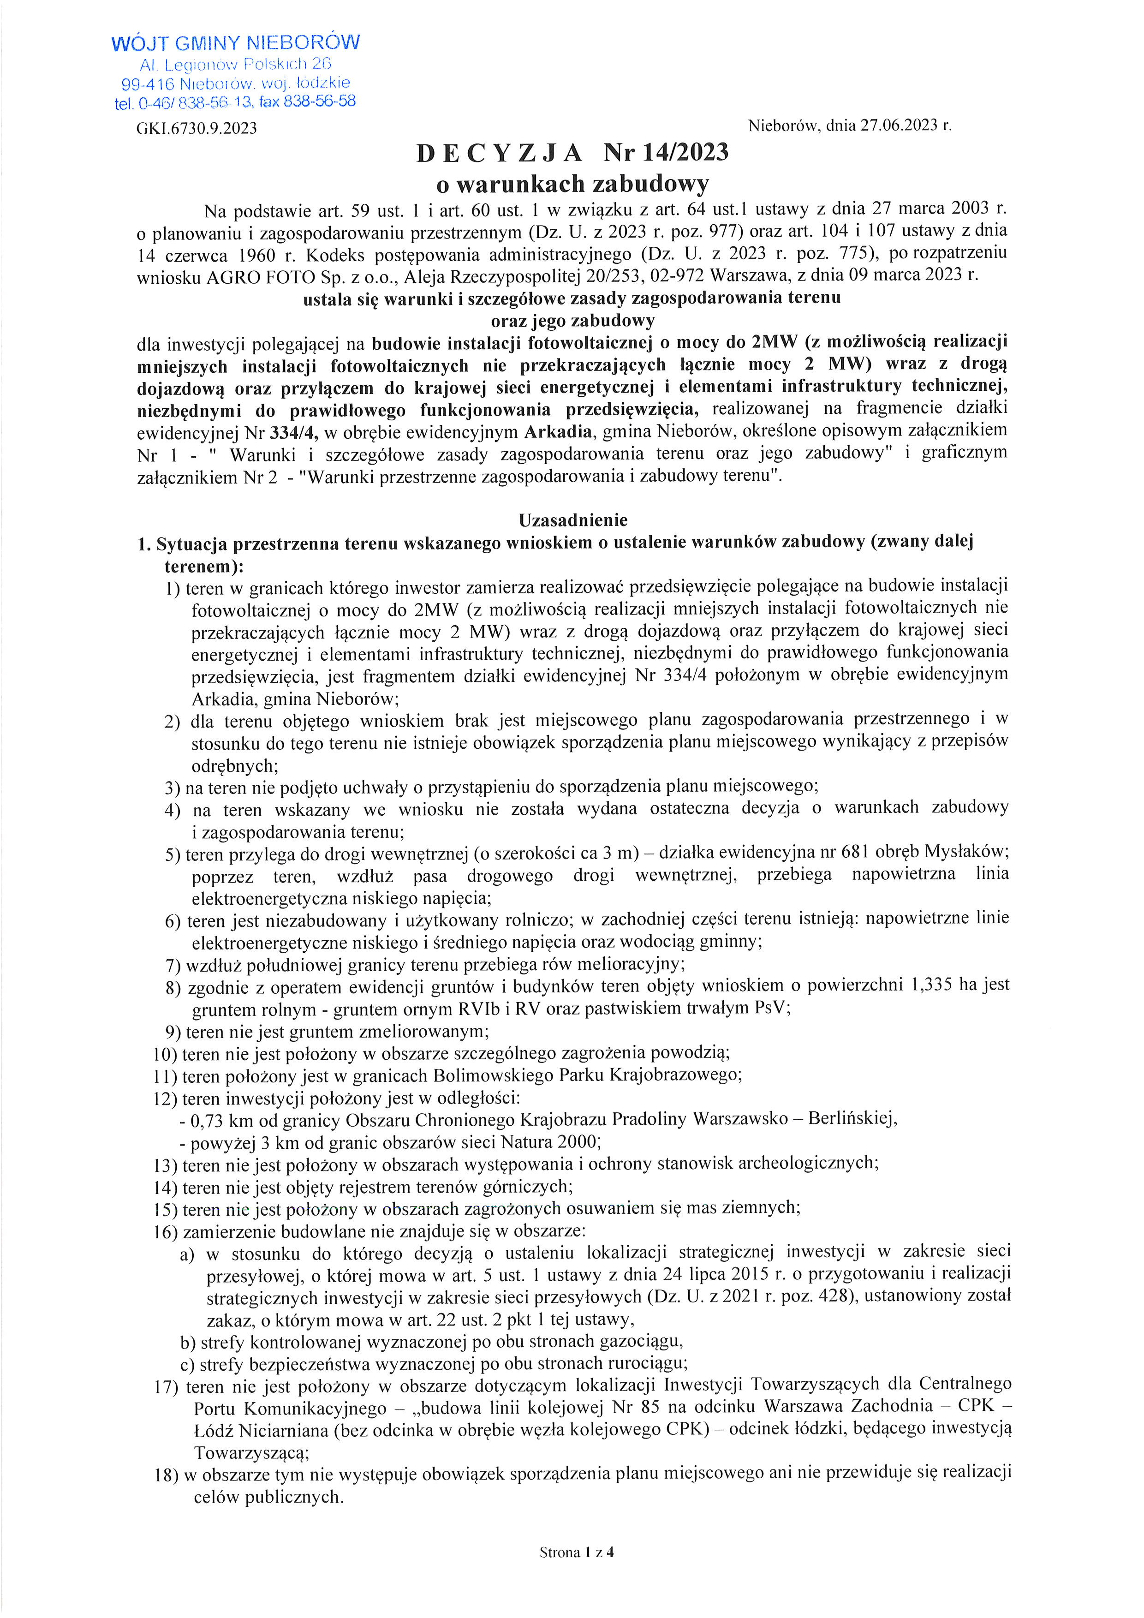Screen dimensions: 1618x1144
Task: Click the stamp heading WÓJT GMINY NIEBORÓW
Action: (x=236, y=43)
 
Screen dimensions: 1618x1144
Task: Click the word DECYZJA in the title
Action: (x=500, y=153)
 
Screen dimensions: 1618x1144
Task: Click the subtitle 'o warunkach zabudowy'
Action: (x=572, y=184)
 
